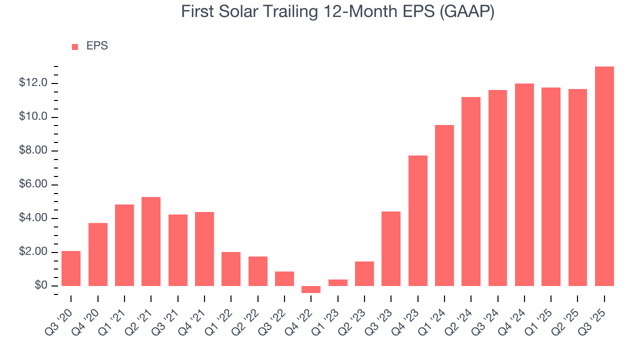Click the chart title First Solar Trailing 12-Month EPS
coord(337,11)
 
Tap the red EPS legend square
coord(75,46)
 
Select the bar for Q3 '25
coord(604,176)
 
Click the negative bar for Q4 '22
coord(311,289)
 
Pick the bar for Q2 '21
coord(151,241)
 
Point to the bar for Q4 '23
coord(417,220)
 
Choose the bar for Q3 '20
coord(71,268)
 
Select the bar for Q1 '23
coord(337,282)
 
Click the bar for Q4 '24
coord(524,184)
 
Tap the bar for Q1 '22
coord(231,269)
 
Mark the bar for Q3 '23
coord(391,248)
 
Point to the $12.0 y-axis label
coord(33,83)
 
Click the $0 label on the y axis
coord(41,285)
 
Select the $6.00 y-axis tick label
coord(33,184)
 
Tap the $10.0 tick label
coord(33,116)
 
